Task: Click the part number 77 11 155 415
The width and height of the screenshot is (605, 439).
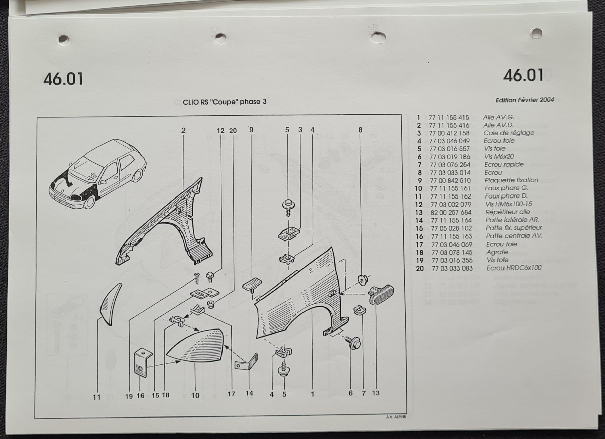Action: (x=449, y=118)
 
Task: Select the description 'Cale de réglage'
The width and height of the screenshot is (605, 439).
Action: (x=509, y=133)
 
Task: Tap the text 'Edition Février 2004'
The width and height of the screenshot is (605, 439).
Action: (x=525, y=100)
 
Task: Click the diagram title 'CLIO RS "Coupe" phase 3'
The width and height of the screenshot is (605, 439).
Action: (x=224, y=102)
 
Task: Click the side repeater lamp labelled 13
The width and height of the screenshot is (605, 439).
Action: (x=381, y=295)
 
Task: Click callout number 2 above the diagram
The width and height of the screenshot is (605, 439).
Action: (x=183, y=130)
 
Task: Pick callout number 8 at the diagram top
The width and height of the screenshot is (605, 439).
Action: (x=360, y=130)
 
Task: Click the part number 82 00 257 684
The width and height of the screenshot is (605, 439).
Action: (x=451, y=212)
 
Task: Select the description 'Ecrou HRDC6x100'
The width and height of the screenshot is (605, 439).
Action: (x=514, y=268)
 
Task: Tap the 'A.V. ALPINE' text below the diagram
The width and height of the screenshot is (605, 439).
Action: (x=396, y=417)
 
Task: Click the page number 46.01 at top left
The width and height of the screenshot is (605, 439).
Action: (x=63, y=79)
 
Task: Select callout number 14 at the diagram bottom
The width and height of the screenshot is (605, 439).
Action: (x=249, y=393)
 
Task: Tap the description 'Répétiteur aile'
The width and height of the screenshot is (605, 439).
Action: (x=508, y=212)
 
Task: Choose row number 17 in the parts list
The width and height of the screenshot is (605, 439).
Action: (x=420, y=245)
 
